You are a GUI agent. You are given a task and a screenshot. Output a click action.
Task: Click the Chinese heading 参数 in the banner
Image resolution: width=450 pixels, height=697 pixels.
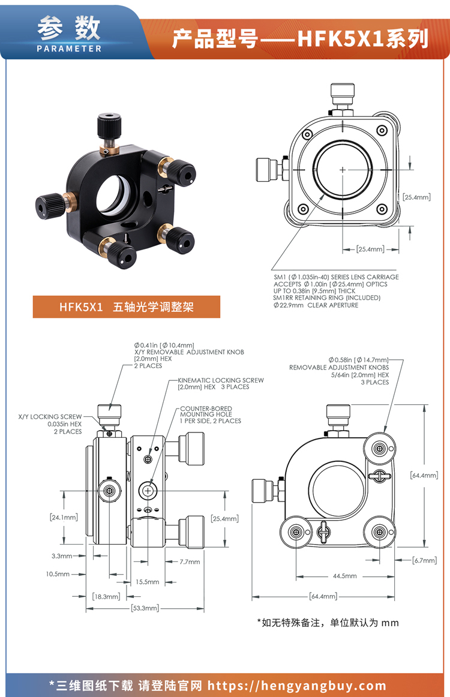point(69,27)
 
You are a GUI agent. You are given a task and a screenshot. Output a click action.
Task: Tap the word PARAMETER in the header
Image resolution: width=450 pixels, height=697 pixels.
point(69,49)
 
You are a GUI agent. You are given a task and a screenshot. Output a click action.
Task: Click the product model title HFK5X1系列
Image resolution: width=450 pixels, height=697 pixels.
point(300,38)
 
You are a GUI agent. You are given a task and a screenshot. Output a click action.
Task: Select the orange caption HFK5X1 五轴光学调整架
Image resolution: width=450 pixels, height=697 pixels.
point(127,307)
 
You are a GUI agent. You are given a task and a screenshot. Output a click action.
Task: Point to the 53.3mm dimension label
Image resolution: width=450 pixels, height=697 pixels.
point(145,608)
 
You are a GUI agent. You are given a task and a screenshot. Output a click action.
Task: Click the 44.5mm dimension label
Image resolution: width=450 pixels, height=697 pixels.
point(344,576)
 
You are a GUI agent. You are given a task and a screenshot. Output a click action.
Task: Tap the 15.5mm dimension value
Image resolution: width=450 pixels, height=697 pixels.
point(147,582)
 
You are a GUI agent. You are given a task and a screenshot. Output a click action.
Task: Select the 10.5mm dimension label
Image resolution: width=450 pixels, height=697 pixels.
point(58,574)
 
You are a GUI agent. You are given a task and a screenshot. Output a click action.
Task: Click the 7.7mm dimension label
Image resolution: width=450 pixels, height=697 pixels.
point(190,562)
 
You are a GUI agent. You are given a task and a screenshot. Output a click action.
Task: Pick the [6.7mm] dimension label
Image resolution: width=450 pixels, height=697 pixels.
point(425,561)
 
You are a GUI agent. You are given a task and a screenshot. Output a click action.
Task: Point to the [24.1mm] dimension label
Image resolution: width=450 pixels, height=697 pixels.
point(64,517)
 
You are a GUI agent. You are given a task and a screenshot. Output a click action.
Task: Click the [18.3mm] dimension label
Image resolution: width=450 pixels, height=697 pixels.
point(107,597)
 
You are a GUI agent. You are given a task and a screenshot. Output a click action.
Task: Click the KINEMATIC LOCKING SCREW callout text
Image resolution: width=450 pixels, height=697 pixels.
point(221,384)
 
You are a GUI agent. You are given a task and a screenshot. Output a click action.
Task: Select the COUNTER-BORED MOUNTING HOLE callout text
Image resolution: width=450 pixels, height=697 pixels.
point(210,414)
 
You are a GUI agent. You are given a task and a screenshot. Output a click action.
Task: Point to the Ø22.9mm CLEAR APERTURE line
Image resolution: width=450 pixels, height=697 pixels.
point(316,305)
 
